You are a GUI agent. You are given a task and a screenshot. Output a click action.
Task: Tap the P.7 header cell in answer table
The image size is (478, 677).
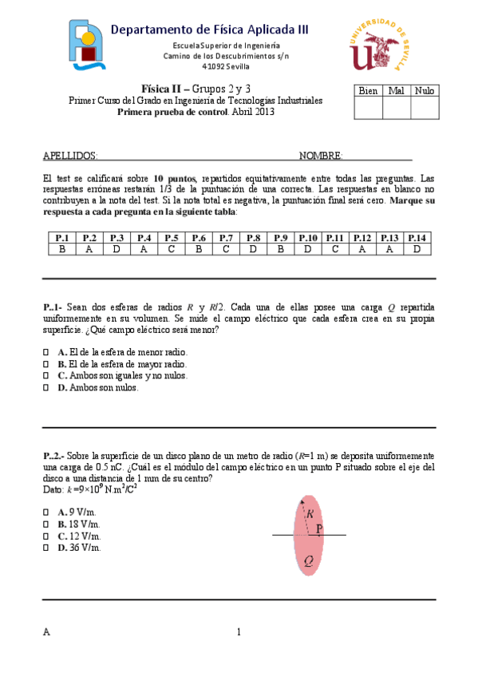(x=226, y=238)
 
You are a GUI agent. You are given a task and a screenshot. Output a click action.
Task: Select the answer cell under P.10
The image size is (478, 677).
(x=307, y=250)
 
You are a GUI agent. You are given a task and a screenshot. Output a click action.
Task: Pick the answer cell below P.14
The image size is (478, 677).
(x=417, y=250)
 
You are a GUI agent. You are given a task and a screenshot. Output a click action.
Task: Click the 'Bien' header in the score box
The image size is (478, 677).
(x=368, y=91)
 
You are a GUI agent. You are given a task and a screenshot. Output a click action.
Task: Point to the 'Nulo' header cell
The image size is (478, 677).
(x=425, y=91)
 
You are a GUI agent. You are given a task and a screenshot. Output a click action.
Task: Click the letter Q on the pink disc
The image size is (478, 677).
(x=308, y=560)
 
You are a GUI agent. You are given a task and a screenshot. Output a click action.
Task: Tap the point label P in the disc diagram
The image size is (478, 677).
(x=319, y=529)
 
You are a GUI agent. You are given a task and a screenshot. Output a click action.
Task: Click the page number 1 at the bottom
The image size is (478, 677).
(x=239, y=633)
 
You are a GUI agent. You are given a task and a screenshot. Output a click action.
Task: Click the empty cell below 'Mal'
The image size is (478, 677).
(x=397, y=108)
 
